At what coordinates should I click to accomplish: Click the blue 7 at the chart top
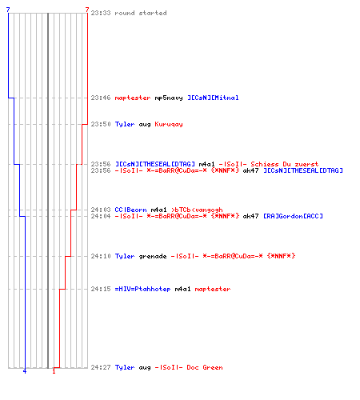8,10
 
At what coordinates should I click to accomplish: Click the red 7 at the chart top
87,10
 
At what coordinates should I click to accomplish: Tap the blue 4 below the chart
25,371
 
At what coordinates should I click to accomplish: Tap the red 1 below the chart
54,371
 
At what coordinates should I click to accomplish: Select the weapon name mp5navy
169,98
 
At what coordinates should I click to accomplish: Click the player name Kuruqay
169,124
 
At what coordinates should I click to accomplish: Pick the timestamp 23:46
101,98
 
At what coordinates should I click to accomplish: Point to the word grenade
153,256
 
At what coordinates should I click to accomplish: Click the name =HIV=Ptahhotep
142,289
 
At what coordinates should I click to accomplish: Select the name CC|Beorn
130,210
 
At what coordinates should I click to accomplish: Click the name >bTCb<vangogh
197,210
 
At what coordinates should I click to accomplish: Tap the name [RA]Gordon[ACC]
293,216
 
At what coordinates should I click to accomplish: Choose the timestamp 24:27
101,367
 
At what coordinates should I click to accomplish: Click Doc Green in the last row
205,367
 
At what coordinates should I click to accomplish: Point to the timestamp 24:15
101,289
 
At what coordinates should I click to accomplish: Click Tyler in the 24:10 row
125,256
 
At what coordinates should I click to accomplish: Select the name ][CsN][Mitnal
213,98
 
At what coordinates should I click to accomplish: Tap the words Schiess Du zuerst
285,164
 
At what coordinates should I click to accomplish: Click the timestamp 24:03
101,210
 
